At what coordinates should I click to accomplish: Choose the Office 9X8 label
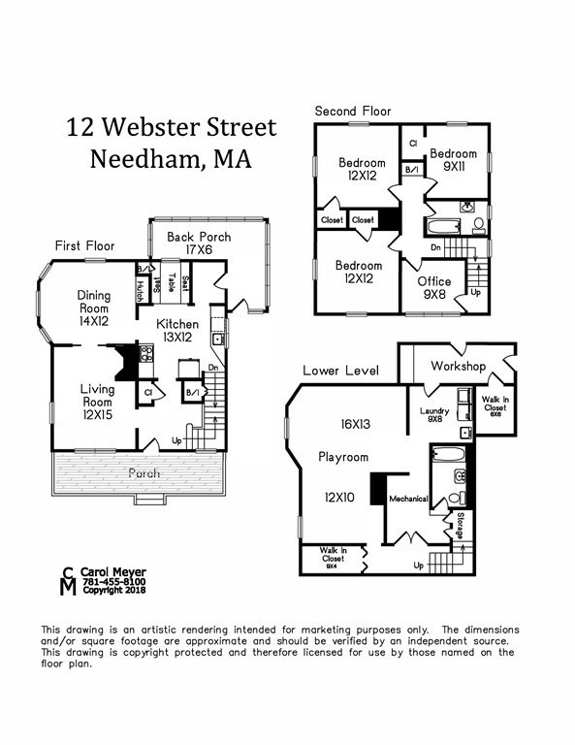click(x=433, y=288)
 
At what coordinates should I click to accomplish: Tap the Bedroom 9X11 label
click(x=454, y=160)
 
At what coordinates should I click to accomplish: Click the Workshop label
click(x=458, y=367)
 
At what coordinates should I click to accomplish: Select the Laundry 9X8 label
click(x=435, y=414)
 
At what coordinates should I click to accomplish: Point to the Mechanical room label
click(x=408, y=499)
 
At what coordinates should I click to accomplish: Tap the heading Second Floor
click(x=353, y=112)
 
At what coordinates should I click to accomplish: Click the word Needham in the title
click(x=144, y=160)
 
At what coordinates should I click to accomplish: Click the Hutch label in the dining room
click(x=141, y=286)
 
